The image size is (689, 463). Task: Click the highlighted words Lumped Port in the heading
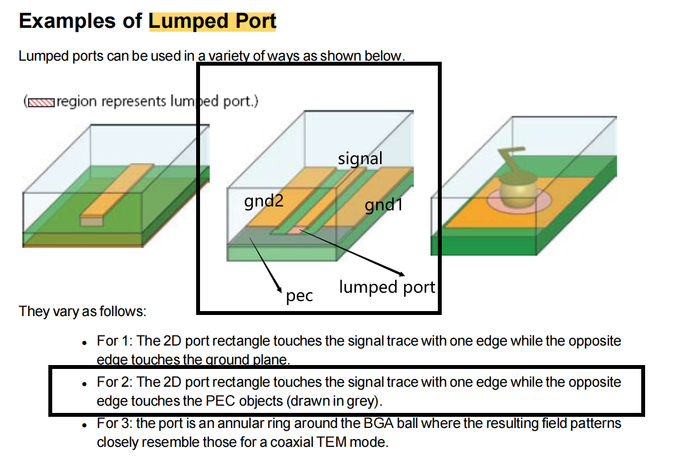point(212,21)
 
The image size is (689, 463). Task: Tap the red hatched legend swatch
point(41,102)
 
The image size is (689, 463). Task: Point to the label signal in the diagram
point(360,159)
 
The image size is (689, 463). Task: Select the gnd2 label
point(264,200)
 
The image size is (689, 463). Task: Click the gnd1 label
point(383,205)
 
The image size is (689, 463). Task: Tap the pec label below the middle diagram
point(299,296)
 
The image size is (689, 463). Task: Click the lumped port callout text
point(387,287)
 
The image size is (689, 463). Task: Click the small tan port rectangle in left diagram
point(92,221)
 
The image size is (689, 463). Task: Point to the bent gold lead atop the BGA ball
point(511,158)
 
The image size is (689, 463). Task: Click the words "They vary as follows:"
point(83,311)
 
